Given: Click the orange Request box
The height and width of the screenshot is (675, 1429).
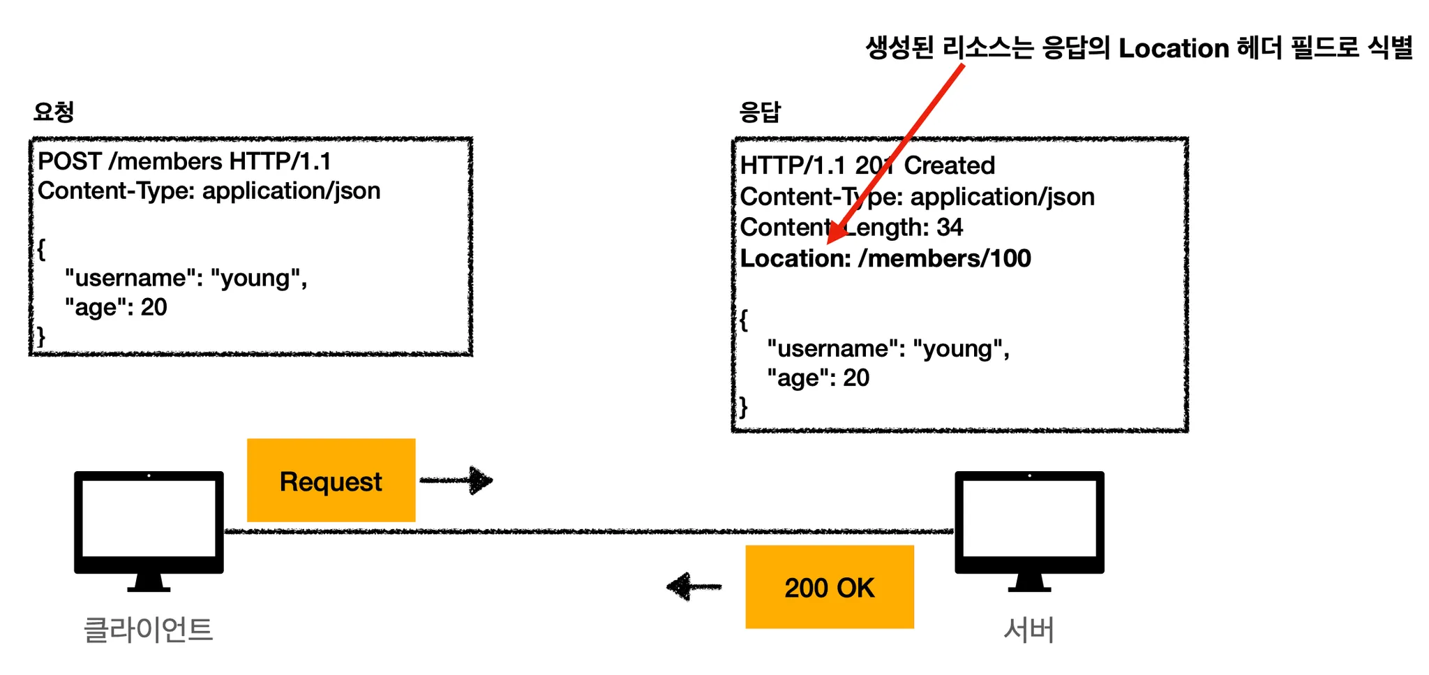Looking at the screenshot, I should click(331, 480).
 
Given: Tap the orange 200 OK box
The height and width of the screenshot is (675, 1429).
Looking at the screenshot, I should click(829, 587).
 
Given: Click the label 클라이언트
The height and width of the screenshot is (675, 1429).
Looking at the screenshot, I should click(148, 629).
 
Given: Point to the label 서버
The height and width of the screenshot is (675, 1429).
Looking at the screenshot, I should click(1028, 629).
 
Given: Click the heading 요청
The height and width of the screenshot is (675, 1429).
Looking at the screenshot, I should click(54, 112).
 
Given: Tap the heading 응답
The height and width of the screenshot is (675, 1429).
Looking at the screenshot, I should click(760, 112).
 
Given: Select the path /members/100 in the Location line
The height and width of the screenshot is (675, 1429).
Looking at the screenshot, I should click(945, 258).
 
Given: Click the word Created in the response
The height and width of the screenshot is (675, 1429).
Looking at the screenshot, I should click(949, 165).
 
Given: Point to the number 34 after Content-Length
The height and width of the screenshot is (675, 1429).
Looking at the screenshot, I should click(950, 227).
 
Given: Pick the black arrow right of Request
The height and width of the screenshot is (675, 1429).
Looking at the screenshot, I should click(457, 480).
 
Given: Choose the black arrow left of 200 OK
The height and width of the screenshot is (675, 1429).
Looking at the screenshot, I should click(694, 586).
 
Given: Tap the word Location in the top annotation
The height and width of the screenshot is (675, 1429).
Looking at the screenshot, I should click(1174, 48).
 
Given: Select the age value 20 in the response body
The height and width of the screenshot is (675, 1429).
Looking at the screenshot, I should click(856, 378).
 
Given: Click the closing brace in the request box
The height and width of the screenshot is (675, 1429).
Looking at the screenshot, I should click(41, 336).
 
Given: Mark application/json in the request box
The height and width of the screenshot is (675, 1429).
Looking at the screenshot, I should click(291, 191).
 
